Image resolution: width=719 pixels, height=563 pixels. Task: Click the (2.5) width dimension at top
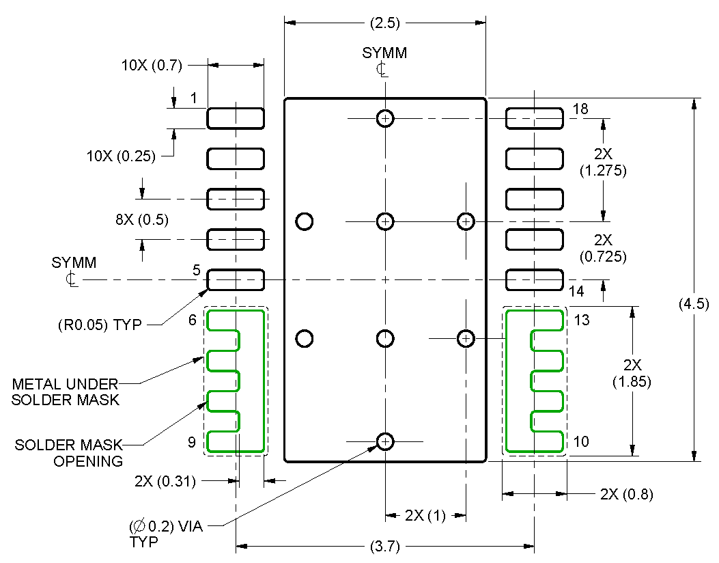click(384, 23)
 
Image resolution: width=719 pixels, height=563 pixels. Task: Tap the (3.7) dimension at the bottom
click(384, 546)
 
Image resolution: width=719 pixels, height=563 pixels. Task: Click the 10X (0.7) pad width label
click(152, 66)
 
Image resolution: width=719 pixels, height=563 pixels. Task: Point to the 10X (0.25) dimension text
click(121, 156)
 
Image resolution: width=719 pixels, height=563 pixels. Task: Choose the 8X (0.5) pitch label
click(141, 220)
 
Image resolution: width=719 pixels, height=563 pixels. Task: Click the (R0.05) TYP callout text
click(100, 325)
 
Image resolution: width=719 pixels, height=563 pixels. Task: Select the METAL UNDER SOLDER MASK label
click(66, 392)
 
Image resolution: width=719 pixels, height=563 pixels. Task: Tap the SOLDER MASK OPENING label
click(69, 453)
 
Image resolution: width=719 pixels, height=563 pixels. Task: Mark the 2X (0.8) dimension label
click(626, 494)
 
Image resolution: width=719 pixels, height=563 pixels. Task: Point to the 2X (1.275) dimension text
click(603, 163)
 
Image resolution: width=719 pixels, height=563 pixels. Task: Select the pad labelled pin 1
click(236, 118)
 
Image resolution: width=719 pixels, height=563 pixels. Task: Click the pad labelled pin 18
click(534, 118)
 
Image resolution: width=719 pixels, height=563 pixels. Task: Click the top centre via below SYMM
click(385, 118)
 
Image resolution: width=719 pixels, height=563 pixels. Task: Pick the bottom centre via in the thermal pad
click(385, 441)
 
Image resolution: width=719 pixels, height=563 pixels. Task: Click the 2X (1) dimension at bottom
click(425, 515)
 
